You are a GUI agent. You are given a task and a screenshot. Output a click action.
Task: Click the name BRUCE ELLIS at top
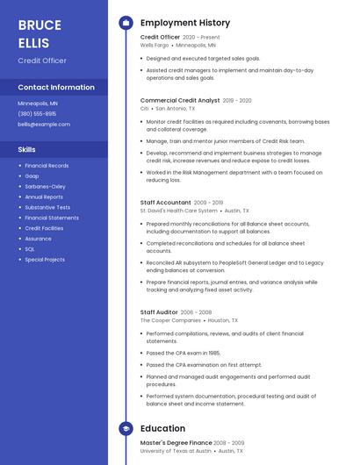(x=40, y=32)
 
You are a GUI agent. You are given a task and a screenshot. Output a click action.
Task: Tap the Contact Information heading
(x=56, y=88)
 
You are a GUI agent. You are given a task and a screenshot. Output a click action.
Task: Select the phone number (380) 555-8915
(x=37, y=114)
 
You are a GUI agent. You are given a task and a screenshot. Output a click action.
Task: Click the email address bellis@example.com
(x=44, y=125)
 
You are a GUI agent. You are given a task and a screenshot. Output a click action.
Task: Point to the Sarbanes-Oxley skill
(x=45, y=186)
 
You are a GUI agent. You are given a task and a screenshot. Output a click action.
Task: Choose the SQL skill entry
(x=30, y=249)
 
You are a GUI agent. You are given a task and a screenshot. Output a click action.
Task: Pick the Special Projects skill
(x=45, y=260)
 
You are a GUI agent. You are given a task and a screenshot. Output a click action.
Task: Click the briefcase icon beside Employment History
(x=126, y=23)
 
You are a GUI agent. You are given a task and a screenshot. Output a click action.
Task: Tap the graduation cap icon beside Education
(x=126, y=428)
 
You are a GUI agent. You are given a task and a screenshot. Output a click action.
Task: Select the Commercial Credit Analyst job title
(x=180, y=101)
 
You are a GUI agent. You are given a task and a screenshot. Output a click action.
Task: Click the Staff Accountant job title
(x=165, y=203)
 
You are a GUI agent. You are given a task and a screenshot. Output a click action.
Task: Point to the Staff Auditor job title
(x=159, y=312)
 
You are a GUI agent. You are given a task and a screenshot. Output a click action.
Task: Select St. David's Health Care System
(x=178, y=211)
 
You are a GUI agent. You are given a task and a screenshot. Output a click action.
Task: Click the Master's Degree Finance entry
(x=176, y=443)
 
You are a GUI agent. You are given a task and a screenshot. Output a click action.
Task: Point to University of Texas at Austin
(x=176, y=451)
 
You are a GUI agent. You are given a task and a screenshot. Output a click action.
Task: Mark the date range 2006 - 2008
(x=197, y=312)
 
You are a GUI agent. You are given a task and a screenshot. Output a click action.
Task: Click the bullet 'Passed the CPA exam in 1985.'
(x=183, y=353)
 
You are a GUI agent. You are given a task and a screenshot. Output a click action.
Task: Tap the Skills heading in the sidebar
(x=27, y=149)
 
